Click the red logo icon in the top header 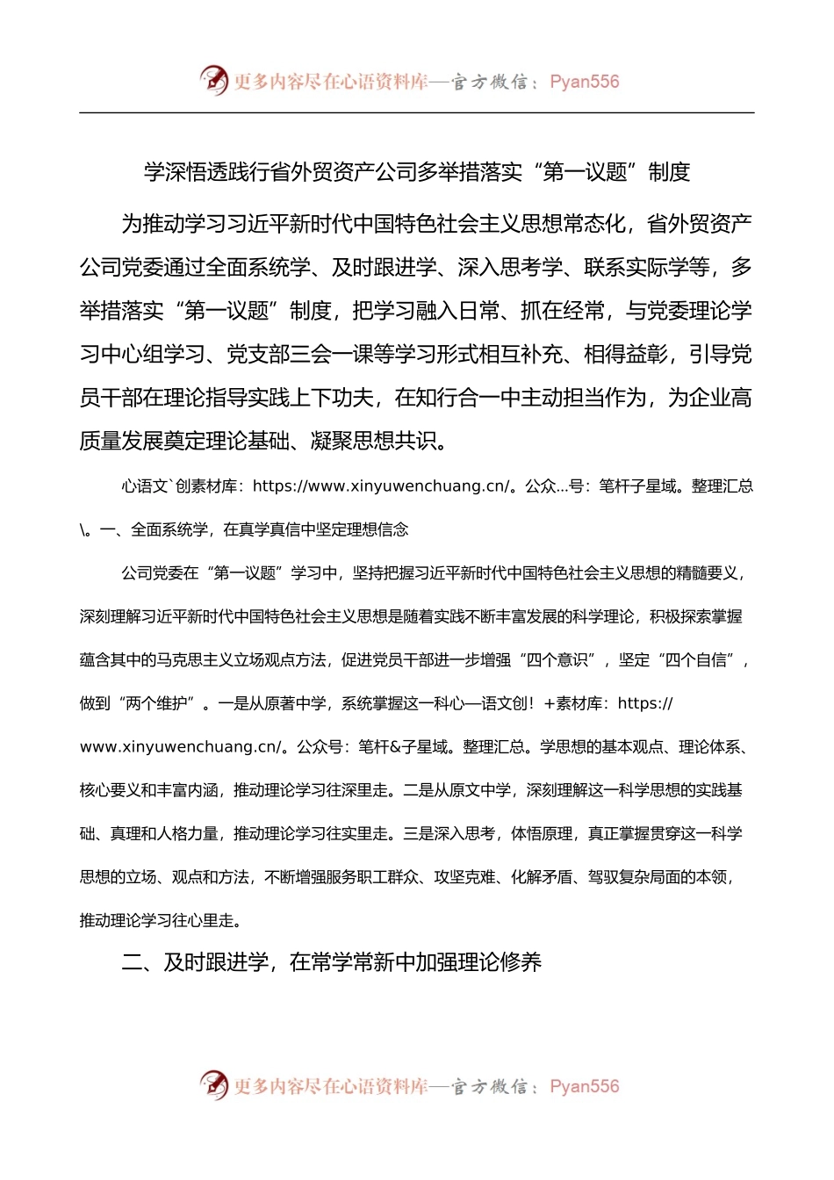(x=213, y=80)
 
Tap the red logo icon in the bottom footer (x=213, y=1085)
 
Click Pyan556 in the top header (x=584, y=82)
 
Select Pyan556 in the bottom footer (x=584, y=1087)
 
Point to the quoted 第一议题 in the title (x=585, y=172)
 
